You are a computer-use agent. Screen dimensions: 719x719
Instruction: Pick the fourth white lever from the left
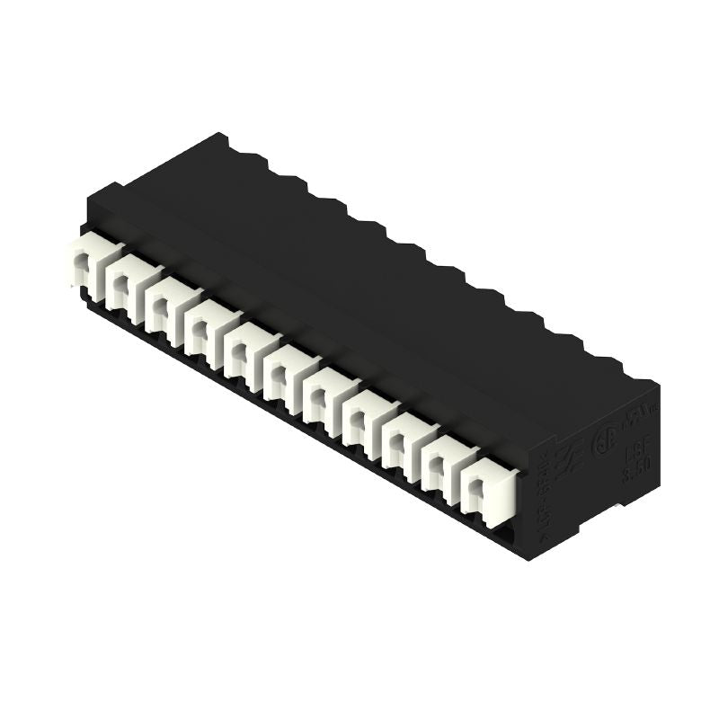coord(203,321)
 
